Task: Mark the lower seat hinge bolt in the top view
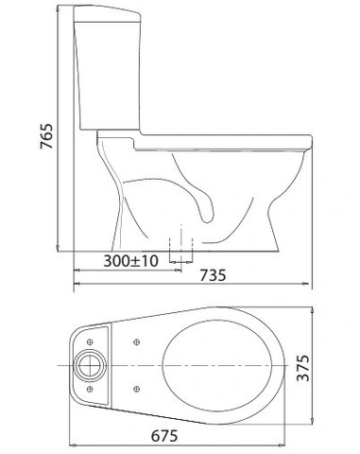tap(137, 385)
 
